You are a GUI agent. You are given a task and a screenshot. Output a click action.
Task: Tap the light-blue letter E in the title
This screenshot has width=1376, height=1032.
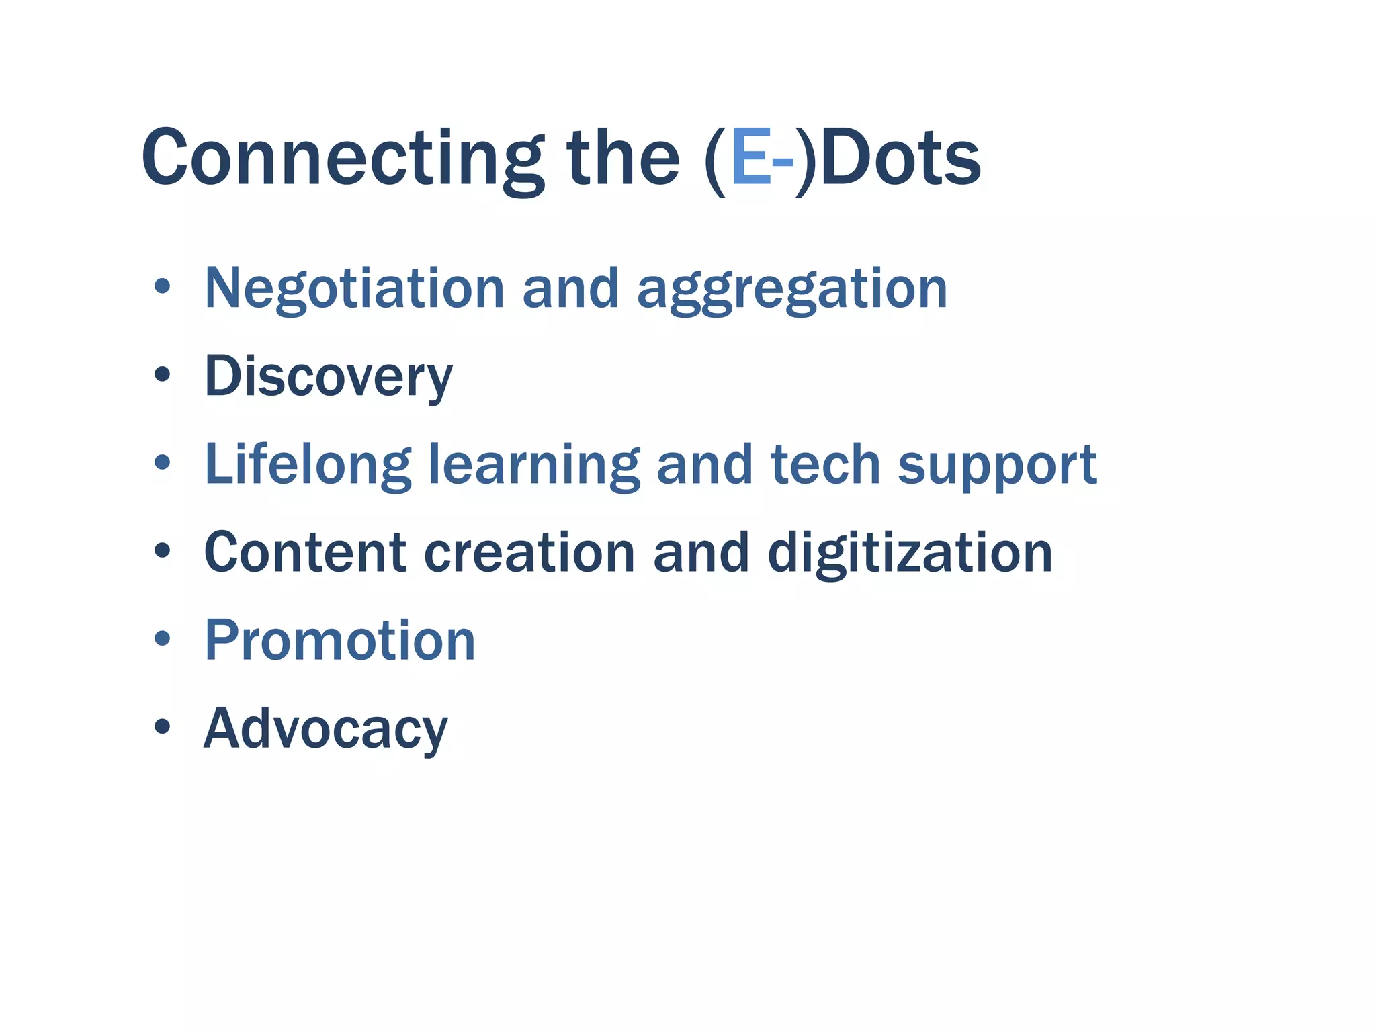[x=750, y=159]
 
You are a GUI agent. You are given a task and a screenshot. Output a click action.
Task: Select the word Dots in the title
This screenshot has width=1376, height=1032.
[x=900, y=159]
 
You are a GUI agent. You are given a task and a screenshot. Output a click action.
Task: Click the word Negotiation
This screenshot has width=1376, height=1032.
[x=354, y=288]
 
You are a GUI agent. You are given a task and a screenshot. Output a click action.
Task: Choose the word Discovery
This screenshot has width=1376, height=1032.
[x=329, y=377]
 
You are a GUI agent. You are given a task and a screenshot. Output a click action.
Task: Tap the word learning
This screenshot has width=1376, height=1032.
[x=534, y=465]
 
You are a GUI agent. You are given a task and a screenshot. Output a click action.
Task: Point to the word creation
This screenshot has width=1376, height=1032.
[x=529, y=552]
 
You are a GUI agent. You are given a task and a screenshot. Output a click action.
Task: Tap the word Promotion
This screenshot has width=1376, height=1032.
[x=340, y=640]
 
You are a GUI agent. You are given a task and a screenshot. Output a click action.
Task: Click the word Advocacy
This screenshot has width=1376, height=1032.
[x=325, y=729]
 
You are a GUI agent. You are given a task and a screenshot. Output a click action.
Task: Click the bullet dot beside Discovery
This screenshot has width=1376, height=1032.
[x=162, y=374]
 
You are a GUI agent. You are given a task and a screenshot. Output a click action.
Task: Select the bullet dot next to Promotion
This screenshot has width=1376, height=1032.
[x=162, y=638]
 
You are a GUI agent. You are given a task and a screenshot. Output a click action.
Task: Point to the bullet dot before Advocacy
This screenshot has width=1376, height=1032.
[x=162, y=726]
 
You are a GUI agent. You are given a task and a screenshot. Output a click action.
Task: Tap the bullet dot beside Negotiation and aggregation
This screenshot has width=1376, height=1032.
[x=162, y=286]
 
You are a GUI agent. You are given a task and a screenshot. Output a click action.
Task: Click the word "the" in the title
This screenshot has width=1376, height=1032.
[x=623, y=159]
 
